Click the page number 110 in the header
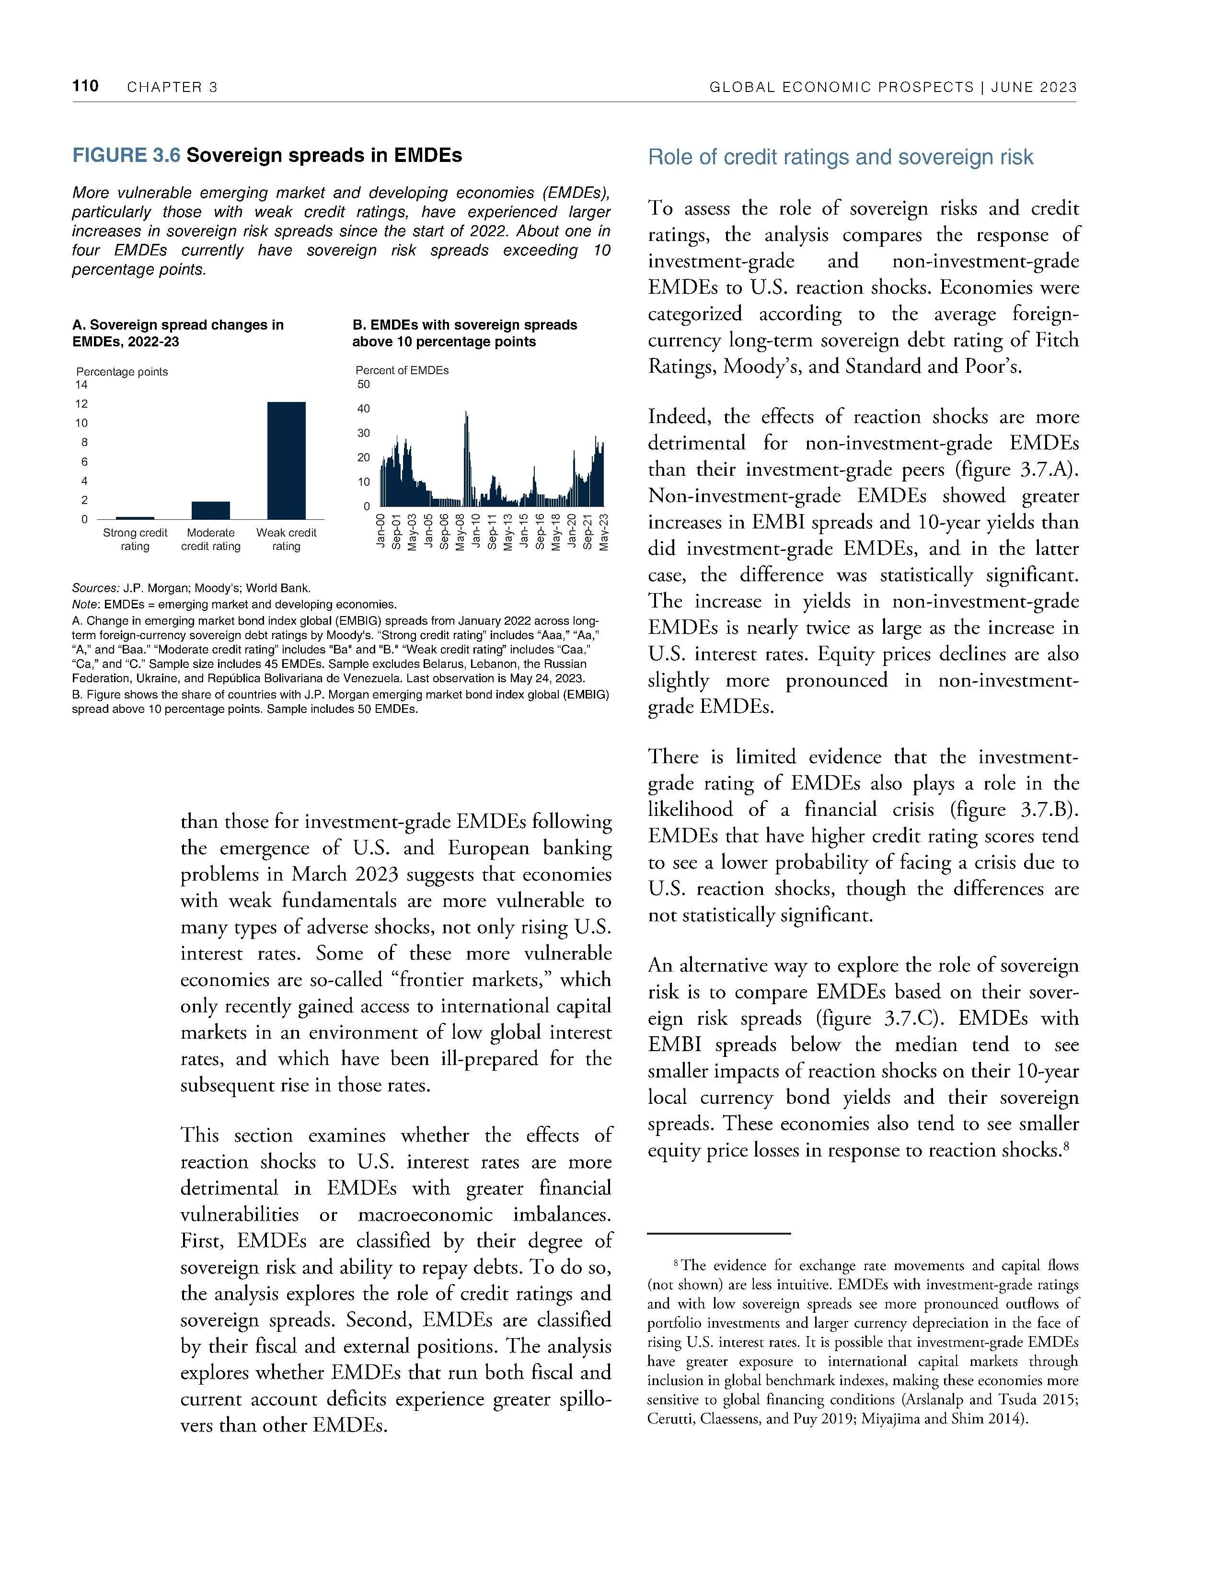point(85,86)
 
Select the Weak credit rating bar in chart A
point(286,460)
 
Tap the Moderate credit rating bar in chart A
point(211,510)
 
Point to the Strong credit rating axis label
point(135,539)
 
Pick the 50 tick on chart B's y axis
point(363,384)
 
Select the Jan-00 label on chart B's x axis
point(380,531)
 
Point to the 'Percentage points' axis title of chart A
point(122,371)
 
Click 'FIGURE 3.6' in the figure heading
point(126,156)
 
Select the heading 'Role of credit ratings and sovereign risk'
point(841,157)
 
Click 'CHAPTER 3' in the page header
point(173,88)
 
